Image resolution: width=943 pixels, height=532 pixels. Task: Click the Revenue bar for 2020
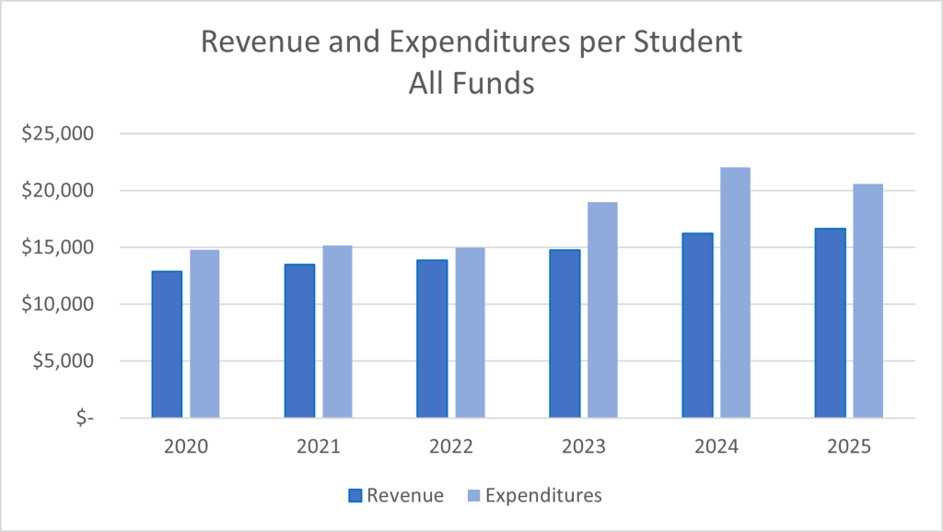click(167, 345)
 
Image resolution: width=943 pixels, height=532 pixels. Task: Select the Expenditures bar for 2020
click(204, 334)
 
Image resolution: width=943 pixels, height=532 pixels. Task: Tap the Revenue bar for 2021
click(299, 341)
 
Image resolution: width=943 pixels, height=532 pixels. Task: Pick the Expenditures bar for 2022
click(470, 333)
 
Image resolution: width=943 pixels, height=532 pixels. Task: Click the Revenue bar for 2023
click(565, 334)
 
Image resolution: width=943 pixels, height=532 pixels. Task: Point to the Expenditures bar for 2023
click(602, 310)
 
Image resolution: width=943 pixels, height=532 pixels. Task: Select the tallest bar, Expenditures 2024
click(735, 292)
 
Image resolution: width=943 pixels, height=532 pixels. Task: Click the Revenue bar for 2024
click(697, 325)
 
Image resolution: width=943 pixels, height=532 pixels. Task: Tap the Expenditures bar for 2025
click(867, 301)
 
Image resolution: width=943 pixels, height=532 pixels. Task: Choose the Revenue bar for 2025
click(830, 323)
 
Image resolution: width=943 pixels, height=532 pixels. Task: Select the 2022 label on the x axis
click(451, 447)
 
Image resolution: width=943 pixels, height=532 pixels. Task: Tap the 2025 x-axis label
click(848, 447)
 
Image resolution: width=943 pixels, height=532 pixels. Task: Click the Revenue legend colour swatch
click(355, 496)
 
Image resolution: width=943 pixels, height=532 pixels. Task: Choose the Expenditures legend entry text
click(543, 496)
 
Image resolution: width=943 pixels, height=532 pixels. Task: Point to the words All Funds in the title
click(471, 83)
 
